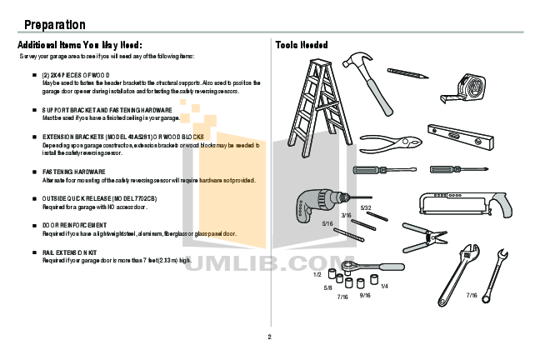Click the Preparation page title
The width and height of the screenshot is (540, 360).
coord(54,25)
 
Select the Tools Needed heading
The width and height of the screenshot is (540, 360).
coord(302,45)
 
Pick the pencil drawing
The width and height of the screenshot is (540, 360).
coord(407,71)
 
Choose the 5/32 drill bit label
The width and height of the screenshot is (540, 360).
coord(366,207)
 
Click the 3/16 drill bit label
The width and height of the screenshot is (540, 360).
coord(346,216)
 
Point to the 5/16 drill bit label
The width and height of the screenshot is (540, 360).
coord(327,224)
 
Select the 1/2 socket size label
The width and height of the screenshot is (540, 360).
coord(317,274)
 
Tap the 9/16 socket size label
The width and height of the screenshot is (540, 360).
coord(365,295)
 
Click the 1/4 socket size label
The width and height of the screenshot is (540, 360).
coord(383,287)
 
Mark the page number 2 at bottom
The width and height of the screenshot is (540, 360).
coord(269,337)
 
